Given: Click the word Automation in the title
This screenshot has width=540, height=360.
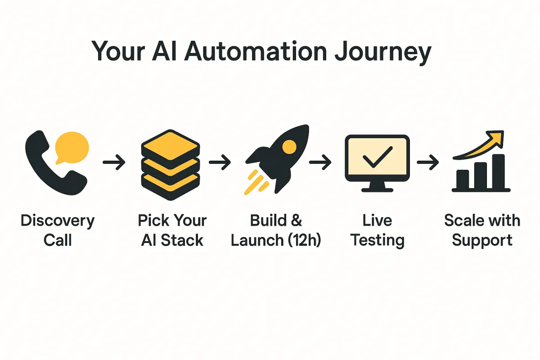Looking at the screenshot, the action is pos(255,51).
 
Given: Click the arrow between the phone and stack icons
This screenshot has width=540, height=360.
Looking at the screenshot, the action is pos(114,162).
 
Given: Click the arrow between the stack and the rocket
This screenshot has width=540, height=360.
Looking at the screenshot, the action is pos(220,162).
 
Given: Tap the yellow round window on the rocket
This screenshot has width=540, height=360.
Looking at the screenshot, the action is pos(289,147).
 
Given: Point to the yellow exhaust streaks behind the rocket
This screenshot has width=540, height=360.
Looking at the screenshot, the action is pos(256,183).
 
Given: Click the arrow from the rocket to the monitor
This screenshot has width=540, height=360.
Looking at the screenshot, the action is pos(320,162).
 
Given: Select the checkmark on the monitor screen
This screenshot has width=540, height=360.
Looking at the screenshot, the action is pos(378,157).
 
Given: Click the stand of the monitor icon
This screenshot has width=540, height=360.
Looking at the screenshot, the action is pos(377,186).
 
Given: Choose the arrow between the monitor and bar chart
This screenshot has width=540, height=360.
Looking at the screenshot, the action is pos(427,162).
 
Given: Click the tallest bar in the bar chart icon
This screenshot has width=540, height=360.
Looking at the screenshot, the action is pos(498,171).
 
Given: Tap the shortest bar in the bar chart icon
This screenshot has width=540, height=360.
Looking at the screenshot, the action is pos(463,180).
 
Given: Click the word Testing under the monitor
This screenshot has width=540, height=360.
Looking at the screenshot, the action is pos(377,241).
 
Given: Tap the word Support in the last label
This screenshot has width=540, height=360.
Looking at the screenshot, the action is pos(482,241).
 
